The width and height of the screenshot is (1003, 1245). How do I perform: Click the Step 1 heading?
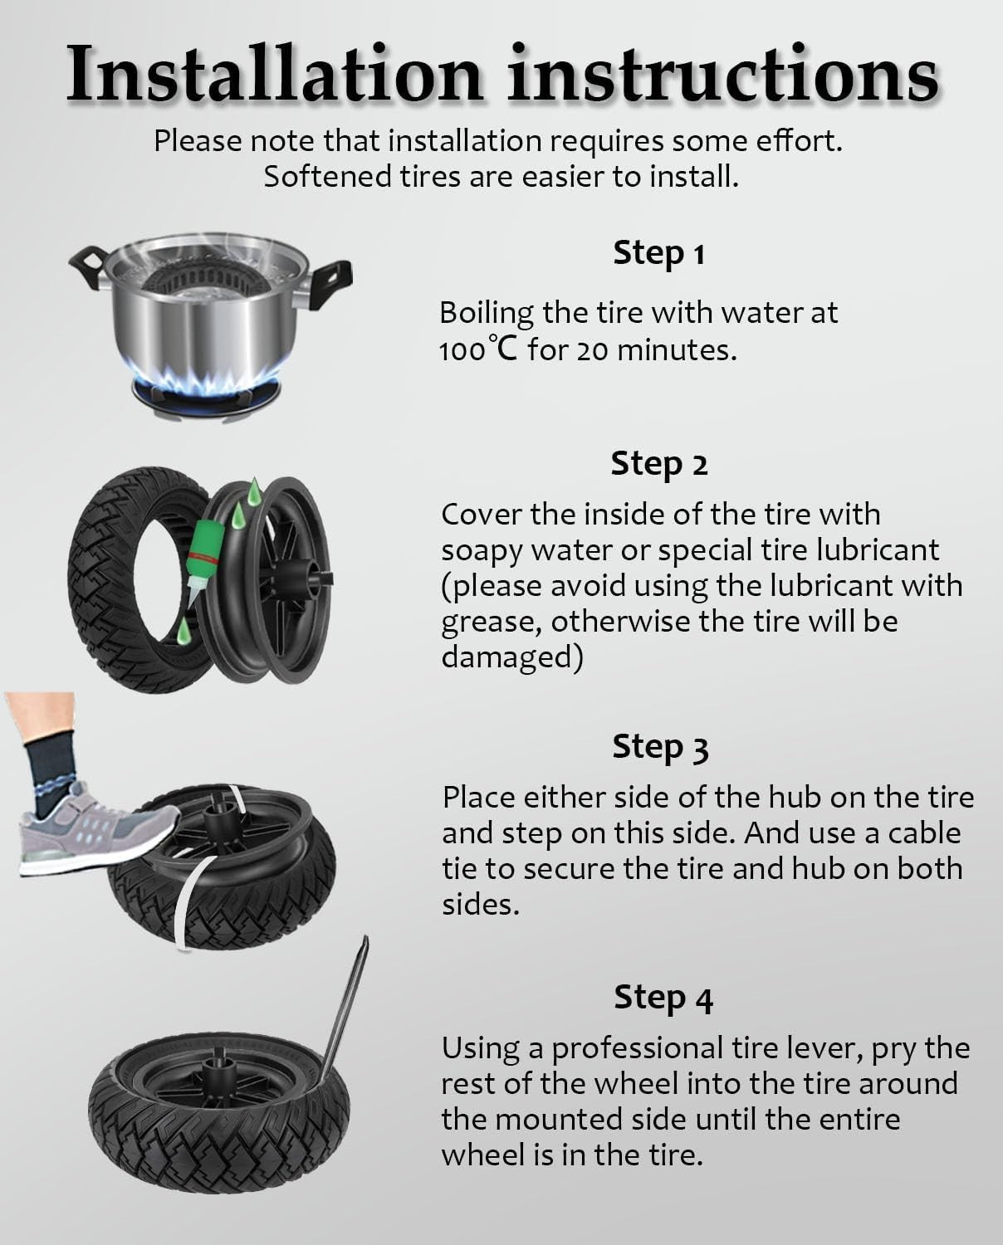coord(659,254)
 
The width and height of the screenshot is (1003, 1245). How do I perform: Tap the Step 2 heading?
coord(659,465)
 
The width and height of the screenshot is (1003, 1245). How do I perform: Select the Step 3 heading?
coord(660,748)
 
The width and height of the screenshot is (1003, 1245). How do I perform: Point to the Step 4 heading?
coord(663,998)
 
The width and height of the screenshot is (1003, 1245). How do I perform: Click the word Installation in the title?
coord(274,74)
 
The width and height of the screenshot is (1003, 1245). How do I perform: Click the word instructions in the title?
coord(723,74)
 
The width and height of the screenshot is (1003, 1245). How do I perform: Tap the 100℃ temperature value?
coord(478,349)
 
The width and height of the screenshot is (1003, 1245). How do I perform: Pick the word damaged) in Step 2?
coord(512,658)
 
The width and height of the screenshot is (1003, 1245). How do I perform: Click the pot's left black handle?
coord(89,267)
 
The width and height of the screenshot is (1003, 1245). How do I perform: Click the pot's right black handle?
coord(331,284)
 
